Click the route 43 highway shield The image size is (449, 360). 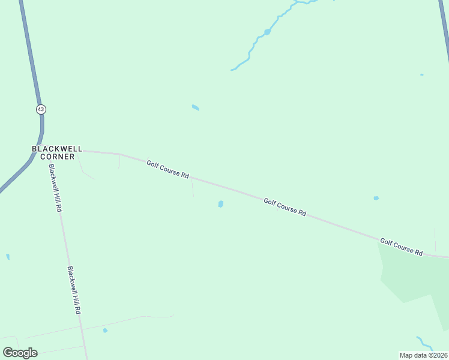[x=40, y=109]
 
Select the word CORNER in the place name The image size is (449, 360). [x=58, y=157]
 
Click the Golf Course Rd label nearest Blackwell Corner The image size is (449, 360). [x=168, y=168]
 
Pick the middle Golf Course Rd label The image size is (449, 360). [x=285, y=207]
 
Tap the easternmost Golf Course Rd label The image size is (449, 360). [x=401, y=246]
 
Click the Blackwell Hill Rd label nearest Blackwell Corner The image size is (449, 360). [x=56, y=188]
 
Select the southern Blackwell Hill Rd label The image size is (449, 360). [x=74, y=291]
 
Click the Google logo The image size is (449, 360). [x=20, y=353]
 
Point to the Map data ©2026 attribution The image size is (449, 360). [x=423, y=355]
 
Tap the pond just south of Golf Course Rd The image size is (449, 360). [x=221, y=204]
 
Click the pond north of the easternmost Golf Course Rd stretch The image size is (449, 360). [x=376, y=198]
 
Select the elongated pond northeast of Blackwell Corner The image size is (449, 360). [x=195, y=107]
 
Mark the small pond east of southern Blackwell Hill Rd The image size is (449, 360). [x=105, y=330]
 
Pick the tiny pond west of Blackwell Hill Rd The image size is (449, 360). [x=8, y=257]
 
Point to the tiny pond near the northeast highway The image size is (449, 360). [x=422, y=75]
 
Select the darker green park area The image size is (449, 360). [x=414, y=276]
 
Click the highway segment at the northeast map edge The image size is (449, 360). [x=445, y=30]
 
